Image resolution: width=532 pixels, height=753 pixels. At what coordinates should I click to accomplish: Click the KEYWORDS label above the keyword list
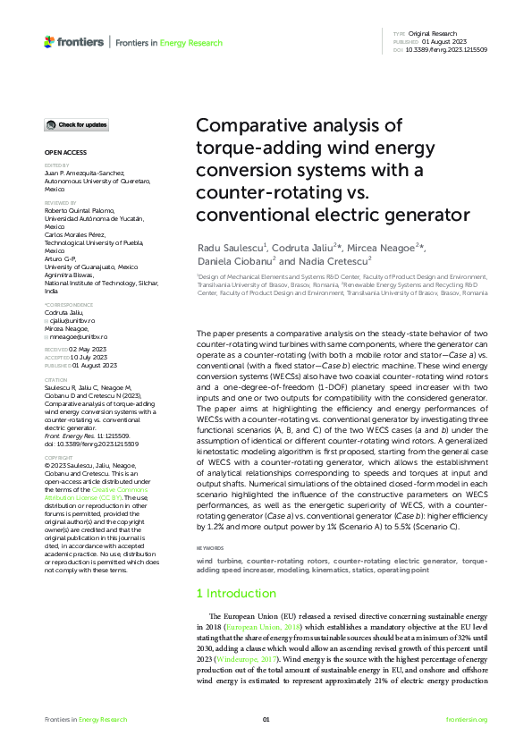tap(210, 547)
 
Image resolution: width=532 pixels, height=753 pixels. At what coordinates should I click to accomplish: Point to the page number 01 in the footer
tap(266, 720)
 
